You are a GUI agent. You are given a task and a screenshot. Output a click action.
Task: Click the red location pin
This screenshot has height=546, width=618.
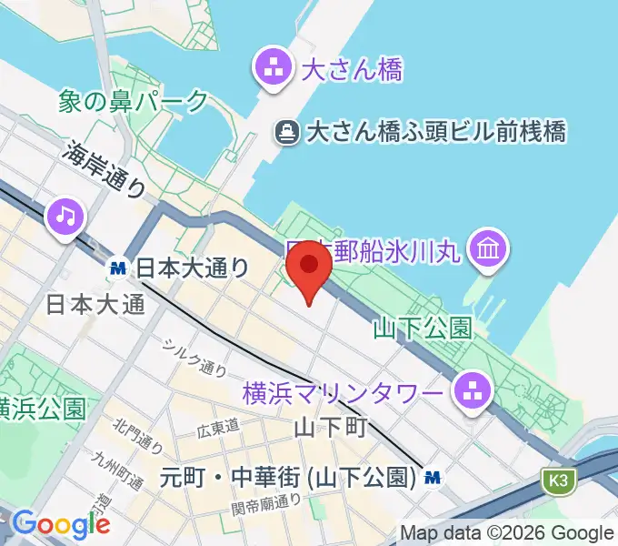point(310,266)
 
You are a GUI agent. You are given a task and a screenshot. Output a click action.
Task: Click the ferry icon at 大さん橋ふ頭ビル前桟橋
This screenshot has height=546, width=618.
point(287,133)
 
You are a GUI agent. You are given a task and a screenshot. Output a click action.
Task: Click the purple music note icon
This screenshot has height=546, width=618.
point(65,217)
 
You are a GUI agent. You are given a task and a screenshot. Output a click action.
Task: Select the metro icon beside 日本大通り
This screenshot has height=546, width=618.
point(117,268)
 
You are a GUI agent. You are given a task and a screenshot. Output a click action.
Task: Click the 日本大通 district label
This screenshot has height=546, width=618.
point(95,304)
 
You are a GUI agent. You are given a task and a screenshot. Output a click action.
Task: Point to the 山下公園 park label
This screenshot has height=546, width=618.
point(423,328)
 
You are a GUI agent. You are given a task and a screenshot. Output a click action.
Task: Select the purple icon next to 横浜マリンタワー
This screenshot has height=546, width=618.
point(473,392)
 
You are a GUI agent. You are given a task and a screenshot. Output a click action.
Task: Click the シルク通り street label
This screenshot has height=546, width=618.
point(194,358)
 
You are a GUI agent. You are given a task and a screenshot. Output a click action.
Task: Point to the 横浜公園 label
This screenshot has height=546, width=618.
point(42,406)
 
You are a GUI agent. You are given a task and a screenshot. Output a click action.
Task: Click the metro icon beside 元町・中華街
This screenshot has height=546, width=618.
point(434,475)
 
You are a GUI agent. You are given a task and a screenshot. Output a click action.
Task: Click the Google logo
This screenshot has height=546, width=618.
point(61,523)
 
